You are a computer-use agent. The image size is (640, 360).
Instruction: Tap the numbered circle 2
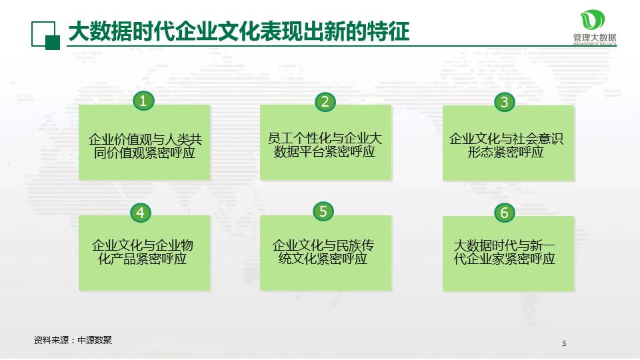[x=325, y=101]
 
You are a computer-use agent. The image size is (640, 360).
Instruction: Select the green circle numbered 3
[x=505, y=102]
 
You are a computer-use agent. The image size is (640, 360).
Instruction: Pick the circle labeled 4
[x=141, y=213]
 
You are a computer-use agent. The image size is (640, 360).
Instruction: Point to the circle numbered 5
[x=323, y=212]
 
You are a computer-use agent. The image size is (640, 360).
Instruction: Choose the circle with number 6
[x=505, y=213]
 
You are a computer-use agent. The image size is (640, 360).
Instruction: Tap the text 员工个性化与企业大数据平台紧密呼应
[x=325, y=145]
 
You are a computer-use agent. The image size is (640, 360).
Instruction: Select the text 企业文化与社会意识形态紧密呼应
[x=507, y=145]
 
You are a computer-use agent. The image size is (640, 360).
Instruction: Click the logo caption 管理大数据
[x=594, y=37]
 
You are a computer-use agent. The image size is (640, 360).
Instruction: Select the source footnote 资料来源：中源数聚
[x=73, y=340]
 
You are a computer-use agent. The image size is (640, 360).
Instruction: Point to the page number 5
[x=564, y=344]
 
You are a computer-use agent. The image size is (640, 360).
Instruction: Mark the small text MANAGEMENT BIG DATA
[x=595, y=45]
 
